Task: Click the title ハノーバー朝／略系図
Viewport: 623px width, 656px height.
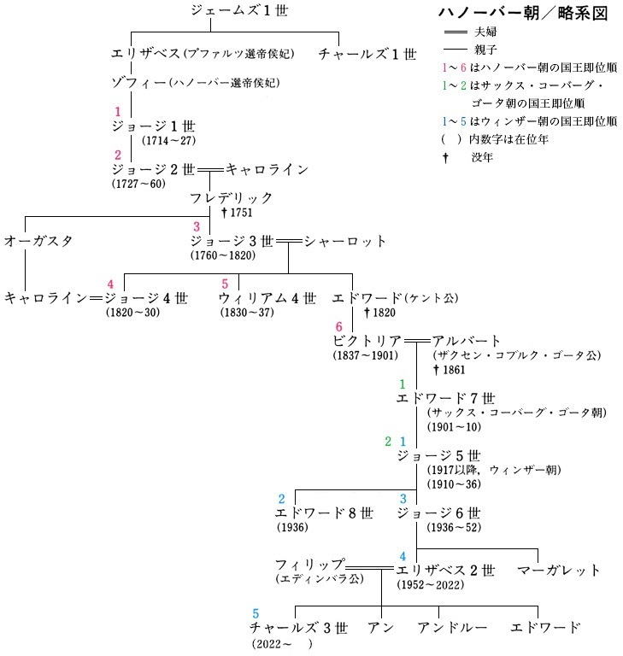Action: coord(523,13)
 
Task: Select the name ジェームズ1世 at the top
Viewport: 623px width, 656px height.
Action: coord(239,10)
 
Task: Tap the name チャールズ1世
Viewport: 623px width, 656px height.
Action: coord(367,54)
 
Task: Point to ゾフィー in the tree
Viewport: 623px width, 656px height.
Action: coord(138,83)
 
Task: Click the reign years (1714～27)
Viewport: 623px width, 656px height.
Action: coord(169,141)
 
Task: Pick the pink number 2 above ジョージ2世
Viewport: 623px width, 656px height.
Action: coord(118,155)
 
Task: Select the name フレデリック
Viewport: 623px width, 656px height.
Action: coord(231,198)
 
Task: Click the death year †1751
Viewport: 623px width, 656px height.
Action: coord(237,213)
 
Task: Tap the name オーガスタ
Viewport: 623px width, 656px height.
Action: coord(38,242)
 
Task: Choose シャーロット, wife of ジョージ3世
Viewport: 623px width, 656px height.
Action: coord(345,242)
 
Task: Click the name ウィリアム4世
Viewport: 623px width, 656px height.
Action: coord(267,299)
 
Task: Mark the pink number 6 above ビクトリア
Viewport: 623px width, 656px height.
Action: coord(338,327)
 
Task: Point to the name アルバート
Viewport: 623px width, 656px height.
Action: coord(466,341)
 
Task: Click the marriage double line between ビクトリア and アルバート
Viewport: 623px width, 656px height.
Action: coord(416,342)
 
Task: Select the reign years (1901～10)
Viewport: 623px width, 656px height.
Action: coord(454,427)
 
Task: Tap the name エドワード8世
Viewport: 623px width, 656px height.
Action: coord(324,513)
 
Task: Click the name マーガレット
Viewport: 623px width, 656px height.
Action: coord(559,571)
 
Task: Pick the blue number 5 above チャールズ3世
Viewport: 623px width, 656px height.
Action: coord(256,614)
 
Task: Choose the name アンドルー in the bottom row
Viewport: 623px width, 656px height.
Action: coord(452,628)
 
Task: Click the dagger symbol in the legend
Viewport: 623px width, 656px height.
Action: coord(445,158)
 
